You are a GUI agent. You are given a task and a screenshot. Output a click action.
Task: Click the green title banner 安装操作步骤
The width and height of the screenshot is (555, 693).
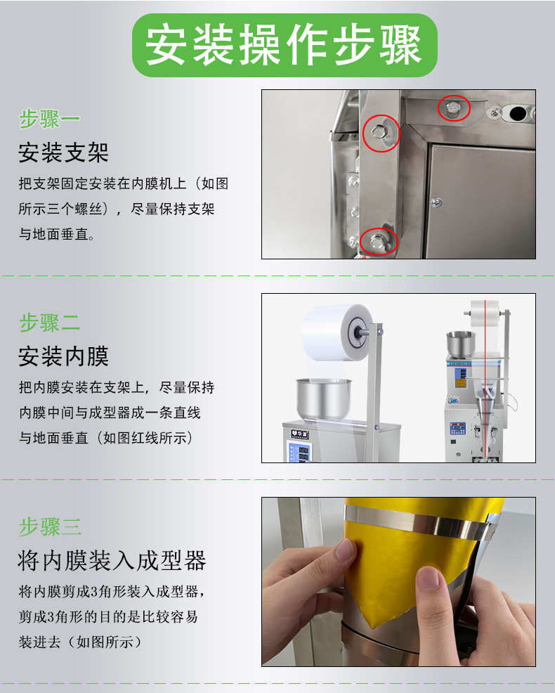click(285, 45)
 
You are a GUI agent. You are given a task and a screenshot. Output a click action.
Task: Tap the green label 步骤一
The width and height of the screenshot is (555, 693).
click(49, 119)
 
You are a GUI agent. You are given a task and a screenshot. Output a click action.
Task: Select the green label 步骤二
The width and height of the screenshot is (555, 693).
click(49, 323)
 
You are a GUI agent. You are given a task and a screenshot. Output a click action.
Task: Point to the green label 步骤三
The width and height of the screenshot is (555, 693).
click(50, 527)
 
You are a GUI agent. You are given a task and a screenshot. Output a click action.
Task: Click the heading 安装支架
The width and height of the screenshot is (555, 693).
click(64, 153)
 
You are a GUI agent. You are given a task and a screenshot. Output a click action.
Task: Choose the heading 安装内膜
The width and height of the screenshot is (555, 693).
click(64, 356)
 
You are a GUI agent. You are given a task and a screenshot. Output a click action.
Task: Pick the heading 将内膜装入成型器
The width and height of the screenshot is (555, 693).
click(112, 560)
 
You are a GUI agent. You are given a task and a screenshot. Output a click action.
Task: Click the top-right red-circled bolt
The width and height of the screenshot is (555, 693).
click(453, 108)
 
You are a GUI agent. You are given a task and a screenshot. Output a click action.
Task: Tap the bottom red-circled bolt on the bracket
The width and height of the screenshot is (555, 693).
click(378, 242)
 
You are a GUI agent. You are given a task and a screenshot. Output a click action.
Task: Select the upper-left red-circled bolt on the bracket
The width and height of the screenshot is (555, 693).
click(379, 132)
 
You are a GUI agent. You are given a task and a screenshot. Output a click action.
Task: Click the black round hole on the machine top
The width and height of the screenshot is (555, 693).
click(518, 114)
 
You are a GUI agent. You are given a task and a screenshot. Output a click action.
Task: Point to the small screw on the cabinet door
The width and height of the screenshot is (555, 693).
click(436, 202)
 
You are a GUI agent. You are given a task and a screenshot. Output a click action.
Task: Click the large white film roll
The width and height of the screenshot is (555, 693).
click(337, 332)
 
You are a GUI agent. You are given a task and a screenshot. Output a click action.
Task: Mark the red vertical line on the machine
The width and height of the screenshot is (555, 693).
click(485, 381)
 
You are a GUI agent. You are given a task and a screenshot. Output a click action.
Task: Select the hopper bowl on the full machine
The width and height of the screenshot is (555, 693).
click(460, 344)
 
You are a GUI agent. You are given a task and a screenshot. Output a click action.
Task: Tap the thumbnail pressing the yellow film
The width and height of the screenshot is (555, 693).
click(429, 578)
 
